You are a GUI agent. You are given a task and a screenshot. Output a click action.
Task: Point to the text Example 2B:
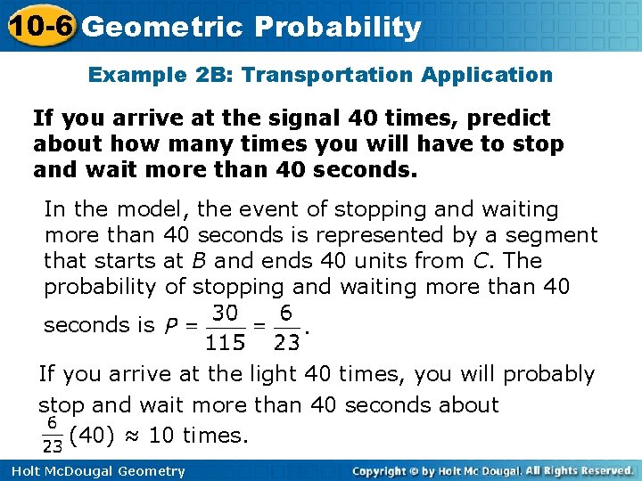[160, 75]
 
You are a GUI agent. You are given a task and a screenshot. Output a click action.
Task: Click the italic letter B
[199, 261]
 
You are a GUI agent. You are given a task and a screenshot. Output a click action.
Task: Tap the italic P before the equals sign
[171, 326]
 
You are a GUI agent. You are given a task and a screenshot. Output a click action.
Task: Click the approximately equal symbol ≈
[133, 436]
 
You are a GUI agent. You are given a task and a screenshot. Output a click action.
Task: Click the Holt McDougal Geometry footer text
[95, 471]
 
